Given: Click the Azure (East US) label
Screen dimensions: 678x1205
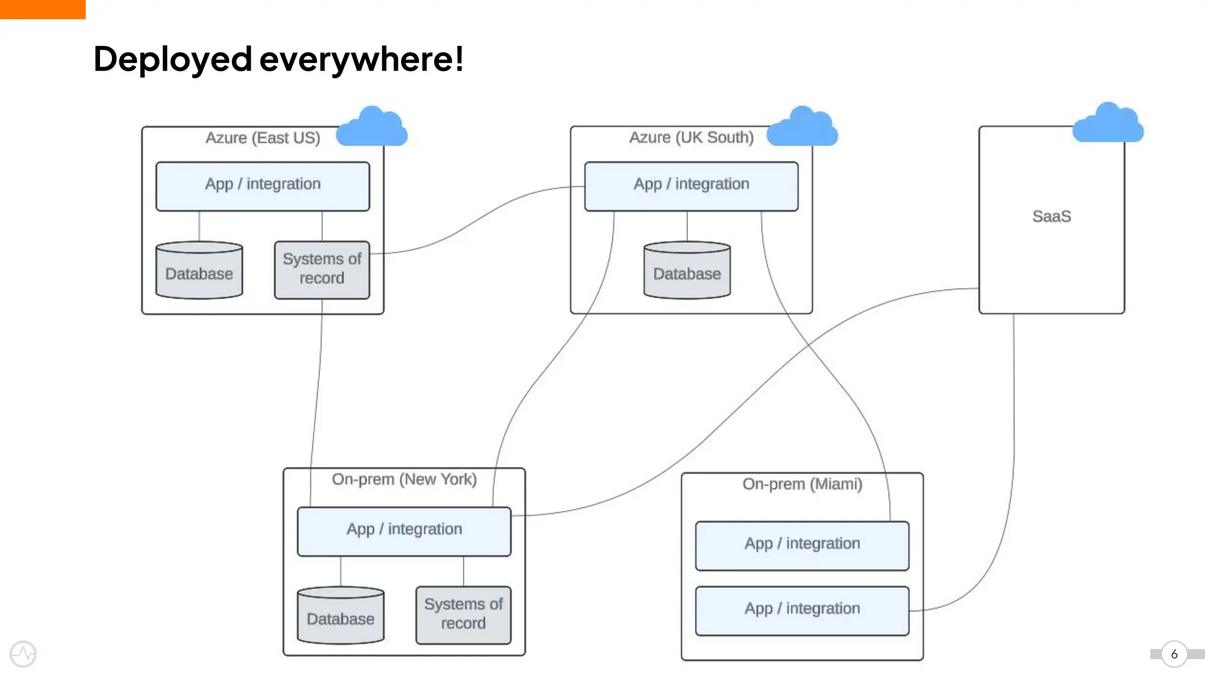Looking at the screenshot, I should click(262, 138).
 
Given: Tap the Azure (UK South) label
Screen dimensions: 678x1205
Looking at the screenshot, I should click(691, 138).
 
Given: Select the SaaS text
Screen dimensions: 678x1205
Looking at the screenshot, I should click(1051, 217).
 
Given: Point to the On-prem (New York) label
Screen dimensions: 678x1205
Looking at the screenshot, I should click(404, 480).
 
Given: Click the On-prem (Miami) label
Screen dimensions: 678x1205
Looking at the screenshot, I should click(802, 484).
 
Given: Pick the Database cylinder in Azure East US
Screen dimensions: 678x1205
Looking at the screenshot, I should click(199, 271).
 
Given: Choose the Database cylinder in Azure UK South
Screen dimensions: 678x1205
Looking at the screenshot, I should click(687, 271).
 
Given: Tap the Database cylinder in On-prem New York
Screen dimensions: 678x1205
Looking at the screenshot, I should click(341, 616).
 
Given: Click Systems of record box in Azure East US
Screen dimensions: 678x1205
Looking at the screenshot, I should click(322, 270).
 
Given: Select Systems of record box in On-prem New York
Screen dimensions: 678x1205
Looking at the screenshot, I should click(463, 614).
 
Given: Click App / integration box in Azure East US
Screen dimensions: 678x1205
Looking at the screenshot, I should click(262, 186).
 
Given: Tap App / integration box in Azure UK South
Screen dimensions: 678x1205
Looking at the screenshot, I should click(691, 186).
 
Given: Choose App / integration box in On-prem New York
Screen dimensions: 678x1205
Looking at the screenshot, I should click(404, 531).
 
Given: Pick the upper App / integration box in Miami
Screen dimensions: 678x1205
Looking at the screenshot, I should click(802, 545).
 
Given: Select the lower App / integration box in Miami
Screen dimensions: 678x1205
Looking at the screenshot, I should click(802, 610).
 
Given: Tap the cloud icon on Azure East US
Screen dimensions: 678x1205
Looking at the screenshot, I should click(372, 128).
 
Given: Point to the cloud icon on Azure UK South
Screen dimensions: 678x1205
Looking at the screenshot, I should click(802, 128).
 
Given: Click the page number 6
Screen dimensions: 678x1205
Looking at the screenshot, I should click(1174, 654).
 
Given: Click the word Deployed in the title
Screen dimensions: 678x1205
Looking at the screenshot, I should click(172, 59).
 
